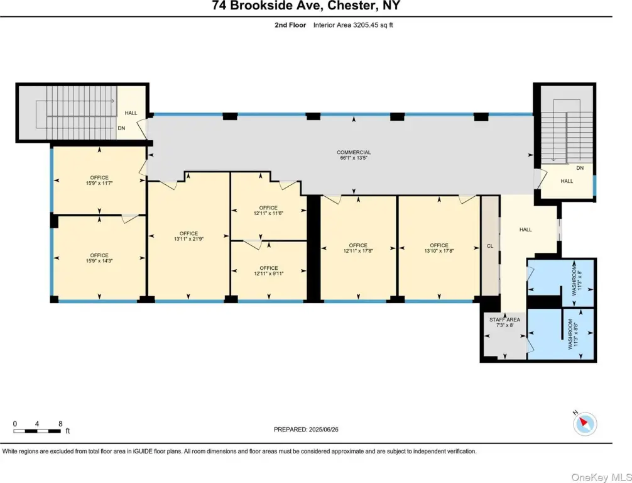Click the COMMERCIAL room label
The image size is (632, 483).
(354, 153)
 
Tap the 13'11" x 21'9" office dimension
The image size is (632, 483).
(188, 239)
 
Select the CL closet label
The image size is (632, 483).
(490, 246)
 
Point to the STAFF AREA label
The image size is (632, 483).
(504, 319)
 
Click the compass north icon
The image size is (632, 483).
(584, 423)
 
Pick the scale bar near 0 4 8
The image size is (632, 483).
(37, 431)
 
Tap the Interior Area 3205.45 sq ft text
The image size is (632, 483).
(353, 25)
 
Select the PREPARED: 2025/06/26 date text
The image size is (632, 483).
(306, 430)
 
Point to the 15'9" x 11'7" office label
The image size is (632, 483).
(99, 180)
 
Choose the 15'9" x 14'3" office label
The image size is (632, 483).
(99, 258)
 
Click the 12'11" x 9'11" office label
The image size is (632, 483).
(268, 271)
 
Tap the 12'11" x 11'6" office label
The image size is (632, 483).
(268, 211)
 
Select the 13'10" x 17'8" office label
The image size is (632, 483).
(439, 248)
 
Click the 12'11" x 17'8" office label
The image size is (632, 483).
(358, 248)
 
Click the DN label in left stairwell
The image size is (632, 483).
(121, 128)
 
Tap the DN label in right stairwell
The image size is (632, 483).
(580, 168)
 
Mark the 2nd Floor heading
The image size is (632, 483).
(290, 25)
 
